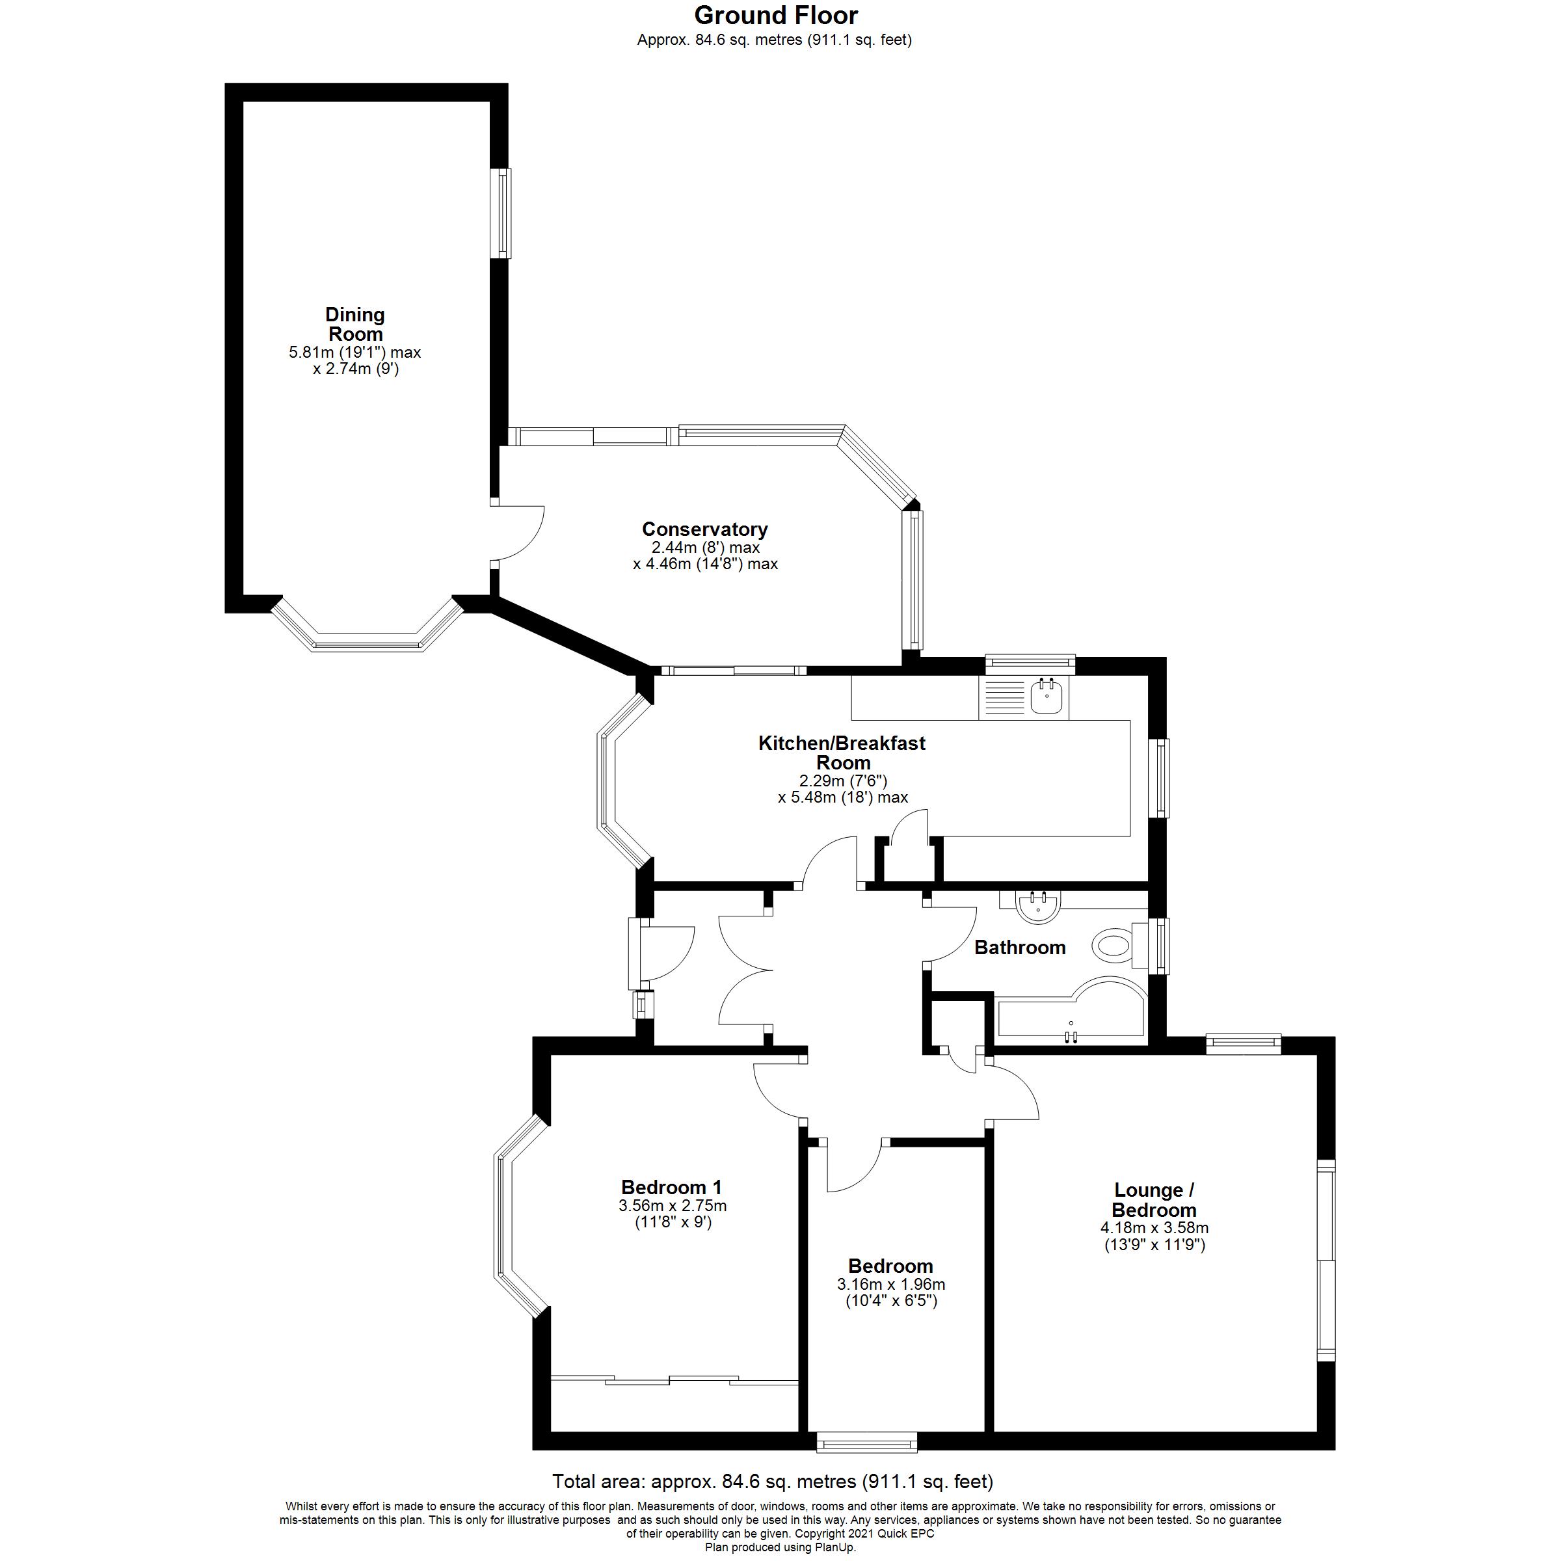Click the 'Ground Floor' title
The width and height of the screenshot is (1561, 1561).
click(x=776, y=16)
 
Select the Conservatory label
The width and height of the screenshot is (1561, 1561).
click(x=704, y=529)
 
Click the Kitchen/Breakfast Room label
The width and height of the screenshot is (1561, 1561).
click(x=842, y=753)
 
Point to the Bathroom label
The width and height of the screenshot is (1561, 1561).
click(x=1020, y=947)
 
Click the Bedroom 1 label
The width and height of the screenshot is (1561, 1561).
click(x=671, y=1187)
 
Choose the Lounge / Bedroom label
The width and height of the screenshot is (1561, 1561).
click(x=1154, y=1200)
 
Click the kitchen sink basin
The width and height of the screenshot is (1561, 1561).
click(x=1047, y=697)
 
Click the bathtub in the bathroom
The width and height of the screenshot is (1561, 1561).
click(x=1071, y=1014)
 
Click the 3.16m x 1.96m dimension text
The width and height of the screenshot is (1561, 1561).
click(x=890, y=1284)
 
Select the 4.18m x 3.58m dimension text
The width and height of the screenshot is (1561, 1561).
click(x=1154, y=1227)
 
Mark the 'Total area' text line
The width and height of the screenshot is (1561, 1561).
click(x=773, y=1481)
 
